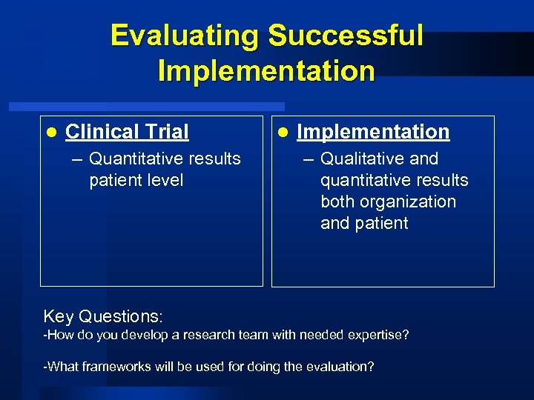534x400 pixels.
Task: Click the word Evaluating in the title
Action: pyautogui.click(x=185, y=36)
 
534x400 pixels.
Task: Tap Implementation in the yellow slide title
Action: pyautogui.click(x=266, y=71)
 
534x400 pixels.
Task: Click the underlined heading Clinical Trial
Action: pyautogui.click(x=127, y=132)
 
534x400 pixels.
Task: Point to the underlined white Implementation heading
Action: pyautogui.click(x=373, y=132)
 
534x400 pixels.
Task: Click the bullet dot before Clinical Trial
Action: pyautogui.click(x=50, y=133)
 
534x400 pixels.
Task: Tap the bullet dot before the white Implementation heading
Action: pyautogui.click(x=282, y=133)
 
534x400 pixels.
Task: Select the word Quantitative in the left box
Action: pyautogui.click(x=137, y=159)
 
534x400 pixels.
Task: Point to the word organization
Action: pyautogui.click(x=410, y=201)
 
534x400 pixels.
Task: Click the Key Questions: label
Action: pyautogui.click(x=102, y=316)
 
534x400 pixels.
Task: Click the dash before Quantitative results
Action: pyautogui.click(x=78, y=159)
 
